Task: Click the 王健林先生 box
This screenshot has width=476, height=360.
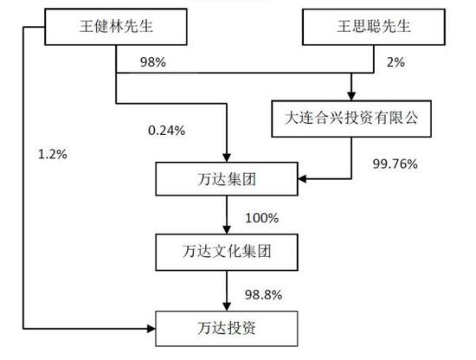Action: [x=116, y=27]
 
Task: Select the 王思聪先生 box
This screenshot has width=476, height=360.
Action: [x=374, y=27]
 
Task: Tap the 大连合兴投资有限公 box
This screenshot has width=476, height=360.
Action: [x=351, y=119]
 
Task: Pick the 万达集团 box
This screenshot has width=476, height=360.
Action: [x=227, y=179]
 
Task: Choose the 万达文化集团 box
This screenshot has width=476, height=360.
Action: [x=227, y=252]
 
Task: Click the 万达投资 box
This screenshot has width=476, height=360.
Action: [x=227, y=329]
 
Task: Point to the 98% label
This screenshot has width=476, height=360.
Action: [x=153, y=62]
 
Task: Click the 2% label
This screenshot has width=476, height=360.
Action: [x=396, y=62]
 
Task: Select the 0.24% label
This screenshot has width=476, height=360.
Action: [x=167, y=131]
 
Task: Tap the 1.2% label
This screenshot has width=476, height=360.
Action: [x=53, y=154]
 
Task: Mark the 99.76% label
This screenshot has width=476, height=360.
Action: [x=395, y=164]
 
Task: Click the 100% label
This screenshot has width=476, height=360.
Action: [x=261, y=218]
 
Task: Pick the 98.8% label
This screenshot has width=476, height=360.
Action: [x=263, y=295]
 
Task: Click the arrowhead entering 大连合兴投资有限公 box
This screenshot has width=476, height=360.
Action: [x=351, y=96]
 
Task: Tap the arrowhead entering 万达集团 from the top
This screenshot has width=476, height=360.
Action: [x=227, y=157]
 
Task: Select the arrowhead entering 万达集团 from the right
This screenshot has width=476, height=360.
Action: [x=302, y=179]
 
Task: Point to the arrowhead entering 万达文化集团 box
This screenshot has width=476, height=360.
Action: [x=227, y=229]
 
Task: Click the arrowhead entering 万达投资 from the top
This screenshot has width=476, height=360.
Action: [x=227, y=306]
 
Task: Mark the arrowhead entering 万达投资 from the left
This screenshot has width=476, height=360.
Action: [x=151, y=329]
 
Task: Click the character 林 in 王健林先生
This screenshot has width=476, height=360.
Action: [x=116, y=26]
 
